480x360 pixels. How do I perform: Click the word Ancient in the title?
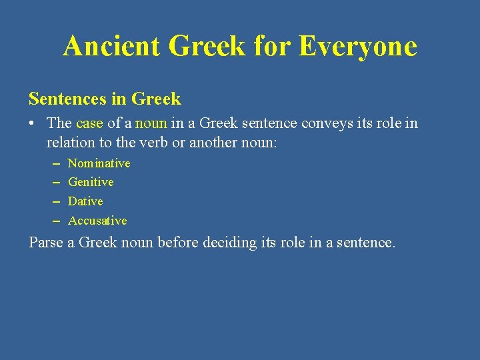tap(111, 47)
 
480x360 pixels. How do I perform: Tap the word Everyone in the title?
tap(358, 47)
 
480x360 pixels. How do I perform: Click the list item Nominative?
tap(99, 163)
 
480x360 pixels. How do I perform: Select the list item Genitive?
tap(91, 182)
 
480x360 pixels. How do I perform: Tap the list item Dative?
tap(85, 201)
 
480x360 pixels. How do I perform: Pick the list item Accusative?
tap(97, 221)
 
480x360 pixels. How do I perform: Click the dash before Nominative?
tap(54, 163)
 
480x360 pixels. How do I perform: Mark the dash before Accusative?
tap(54, 221)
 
